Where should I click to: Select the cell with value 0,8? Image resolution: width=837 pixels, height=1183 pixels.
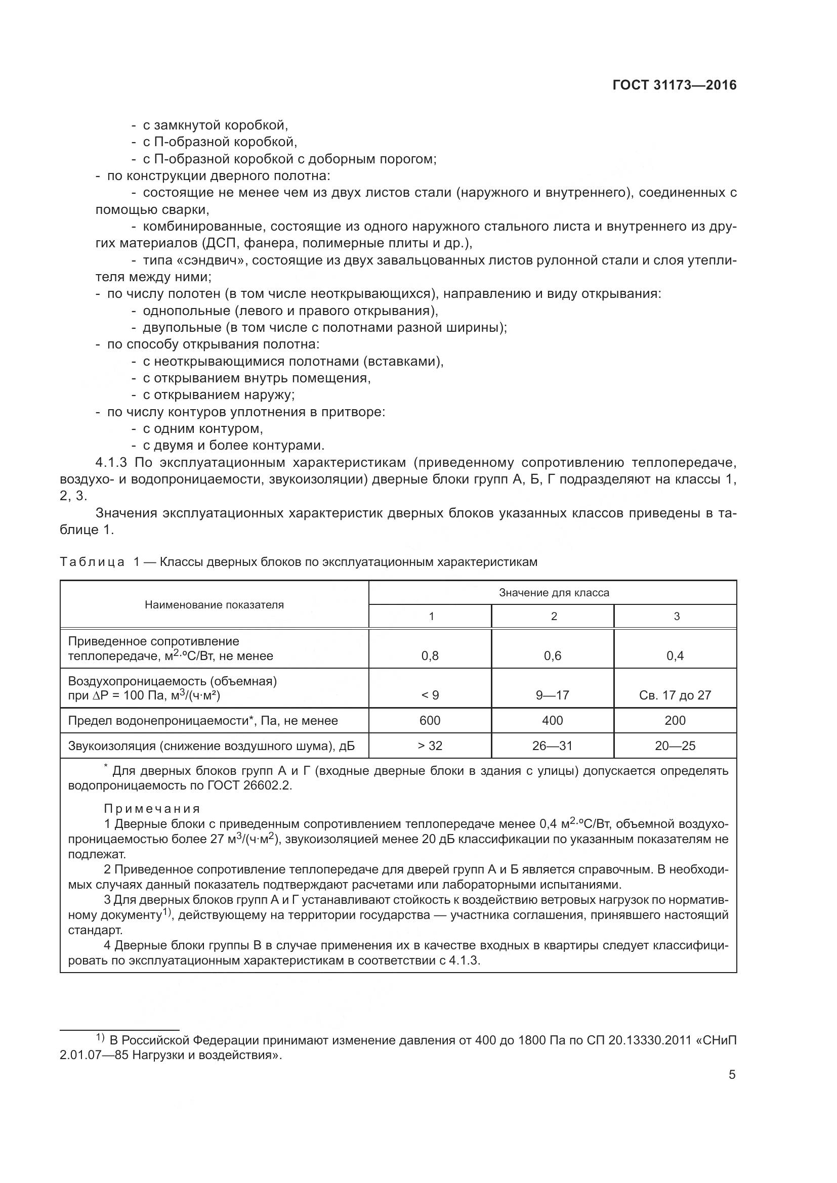430,656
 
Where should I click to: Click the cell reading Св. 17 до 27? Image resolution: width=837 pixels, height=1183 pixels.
675,695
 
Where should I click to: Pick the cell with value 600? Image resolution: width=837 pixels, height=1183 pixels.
430,720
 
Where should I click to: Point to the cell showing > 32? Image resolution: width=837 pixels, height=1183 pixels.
430,746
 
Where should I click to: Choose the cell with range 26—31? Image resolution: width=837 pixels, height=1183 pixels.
552,746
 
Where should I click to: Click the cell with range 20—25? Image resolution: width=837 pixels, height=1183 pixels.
675,746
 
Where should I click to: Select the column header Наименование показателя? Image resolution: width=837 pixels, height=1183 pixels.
214,605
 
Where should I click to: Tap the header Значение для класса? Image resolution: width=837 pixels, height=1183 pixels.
554,593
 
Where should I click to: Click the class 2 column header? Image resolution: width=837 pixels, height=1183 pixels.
554,616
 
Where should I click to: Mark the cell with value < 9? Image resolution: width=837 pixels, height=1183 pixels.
430,695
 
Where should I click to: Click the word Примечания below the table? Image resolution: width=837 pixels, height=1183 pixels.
152,808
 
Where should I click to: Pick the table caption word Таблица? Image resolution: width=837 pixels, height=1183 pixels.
92,561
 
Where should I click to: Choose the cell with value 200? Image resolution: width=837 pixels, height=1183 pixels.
675,720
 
